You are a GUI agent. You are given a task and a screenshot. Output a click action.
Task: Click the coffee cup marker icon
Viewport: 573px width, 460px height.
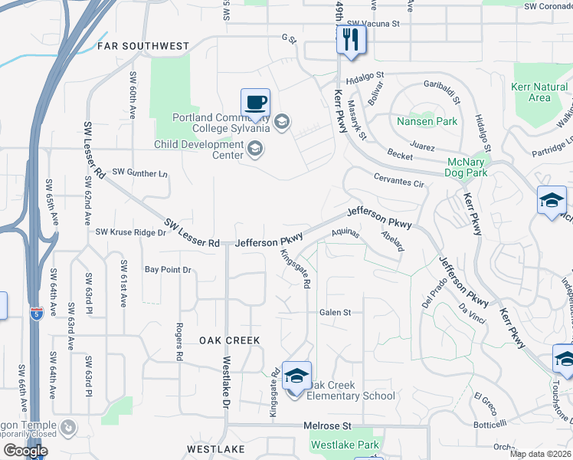click(256, 102)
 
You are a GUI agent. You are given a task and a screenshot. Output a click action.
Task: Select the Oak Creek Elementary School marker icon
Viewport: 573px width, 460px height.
click(296, 376)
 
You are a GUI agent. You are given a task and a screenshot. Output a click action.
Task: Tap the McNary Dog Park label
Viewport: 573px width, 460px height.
click(467, 167)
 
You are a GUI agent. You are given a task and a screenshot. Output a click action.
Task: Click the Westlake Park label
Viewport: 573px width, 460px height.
click(345, 445)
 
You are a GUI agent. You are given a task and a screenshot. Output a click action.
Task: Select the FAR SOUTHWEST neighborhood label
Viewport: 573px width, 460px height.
click(143, 47)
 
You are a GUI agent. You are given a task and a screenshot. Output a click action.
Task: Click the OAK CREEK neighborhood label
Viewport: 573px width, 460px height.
click(230, 340)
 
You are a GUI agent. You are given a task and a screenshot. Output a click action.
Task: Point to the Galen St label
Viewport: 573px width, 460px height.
click(335, 312)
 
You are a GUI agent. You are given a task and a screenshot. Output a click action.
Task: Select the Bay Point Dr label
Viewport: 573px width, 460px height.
click(168, 270)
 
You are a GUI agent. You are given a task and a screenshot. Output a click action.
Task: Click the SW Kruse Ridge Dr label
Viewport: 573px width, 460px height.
click(130, 232)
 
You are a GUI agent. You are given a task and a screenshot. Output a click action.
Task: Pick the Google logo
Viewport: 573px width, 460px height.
click(25, 451)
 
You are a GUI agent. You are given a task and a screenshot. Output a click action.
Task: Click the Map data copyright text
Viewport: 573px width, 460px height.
click(541, 454)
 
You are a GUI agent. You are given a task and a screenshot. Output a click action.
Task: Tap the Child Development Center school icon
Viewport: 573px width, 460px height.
click(255, 149)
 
